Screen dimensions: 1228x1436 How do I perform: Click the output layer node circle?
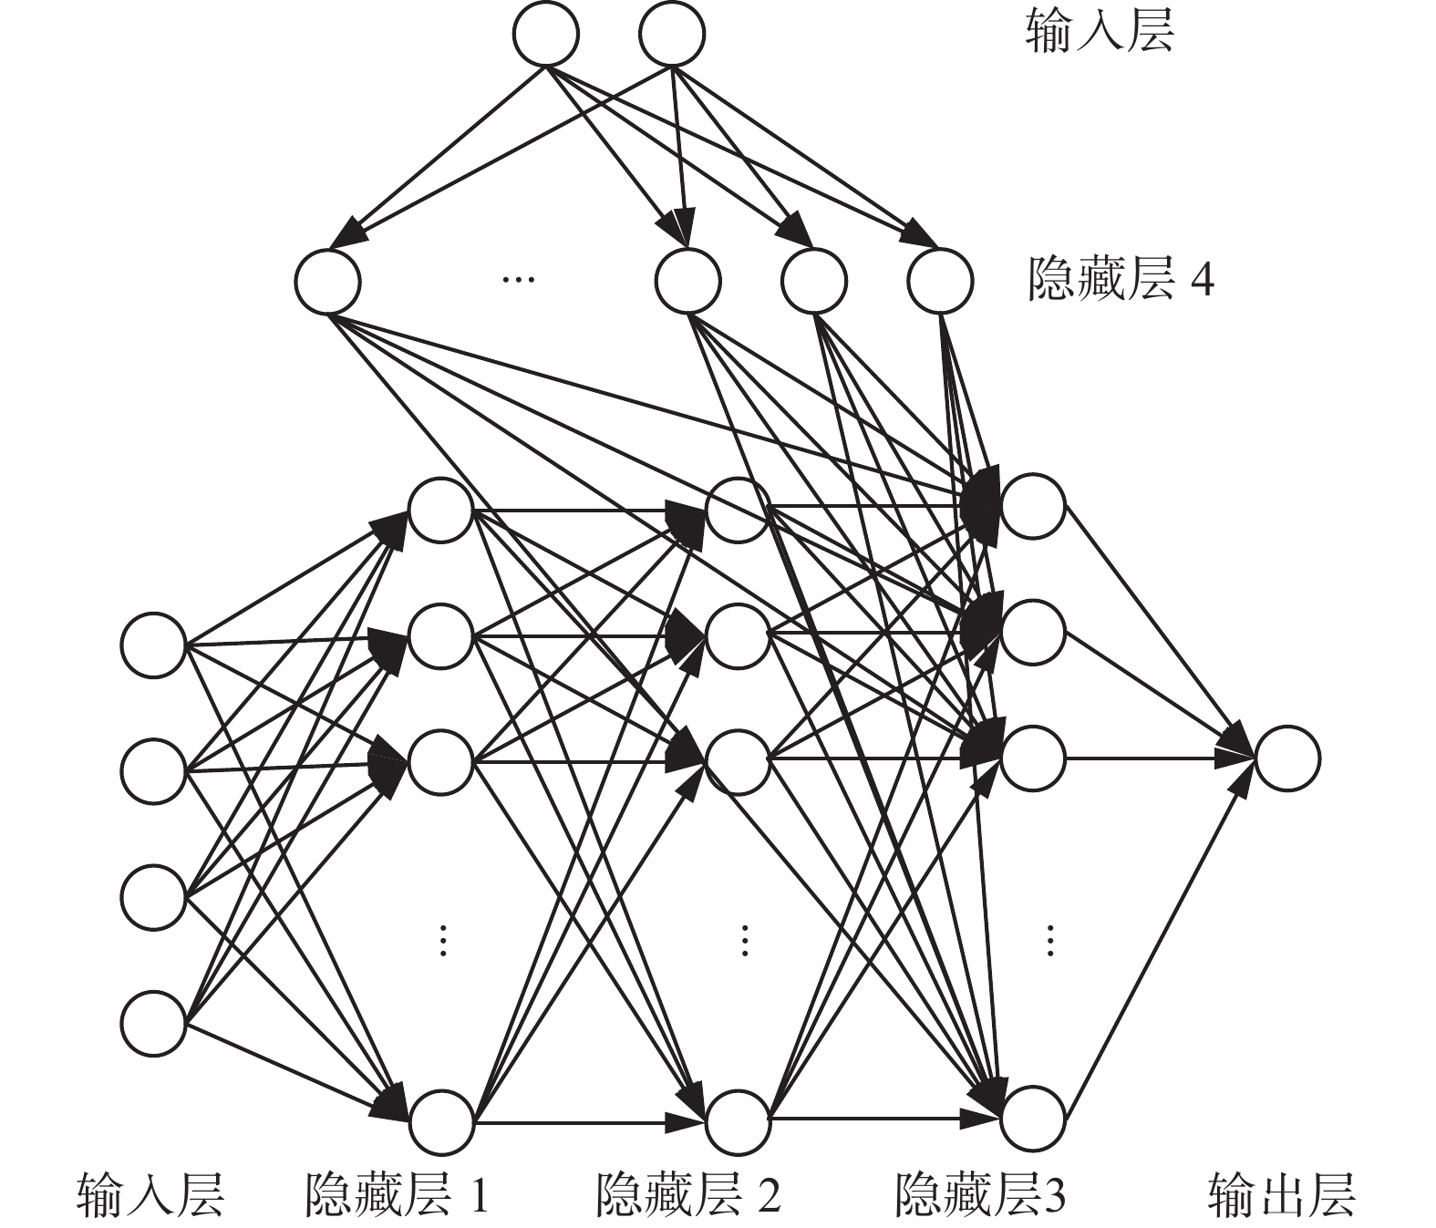[x=1286, y=758]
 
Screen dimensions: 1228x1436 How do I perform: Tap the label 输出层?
[x=1281, y=1195]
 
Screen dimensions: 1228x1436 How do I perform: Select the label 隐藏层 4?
[x=1121, y=279]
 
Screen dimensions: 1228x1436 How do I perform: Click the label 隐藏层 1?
[x=398, y=1195]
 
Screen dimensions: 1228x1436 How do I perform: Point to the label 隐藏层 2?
[x=688, y=1195]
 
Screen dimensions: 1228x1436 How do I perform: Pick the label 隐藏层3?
[x=980, y=1195]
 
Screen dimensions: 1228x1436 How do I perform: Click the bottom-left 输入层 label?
[x=151, y=1195]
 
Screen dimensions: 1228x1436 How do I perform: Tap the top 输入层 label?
[x=1099, y=34]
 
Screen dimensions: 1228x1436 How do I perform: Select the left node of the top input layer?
[x=545, y=34]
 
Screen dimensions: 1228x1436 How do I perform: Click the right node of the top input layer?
[x=672, y=34]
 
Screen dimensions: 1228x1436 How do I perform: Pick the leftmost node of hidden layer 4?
[x=327, y=281]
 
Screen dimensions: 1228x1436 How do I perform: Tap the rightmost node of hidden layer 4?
[x=940, y=281]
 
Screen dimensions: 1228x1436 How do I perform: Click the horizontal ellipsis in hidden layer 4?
[x=518, y=278]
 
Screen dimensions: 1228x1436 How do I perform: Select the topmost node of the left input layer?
[x=153, y=645]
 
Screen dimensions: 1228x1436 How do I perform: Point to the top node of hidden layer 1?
[x=440, y=510]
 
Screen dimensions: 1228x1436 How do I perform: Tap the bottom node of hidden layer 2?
[x=738, y=1120]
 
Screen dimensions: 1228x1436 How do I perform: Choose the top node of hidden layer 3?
[x=1032, y=505]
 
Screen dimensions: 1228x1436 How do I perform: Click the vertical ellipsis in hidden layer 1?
[x=442, y=940]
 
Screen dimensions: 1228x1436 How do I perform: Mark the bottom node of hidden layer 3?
[x=1032, y=1118]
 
